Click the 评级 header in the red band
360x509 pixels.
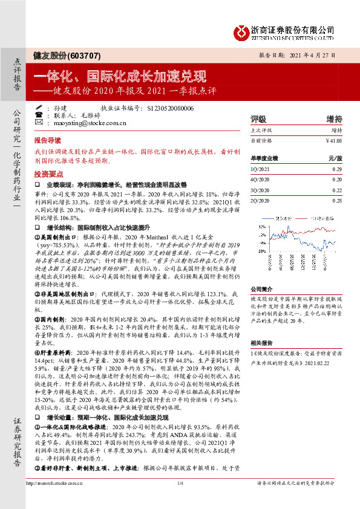[x=258, y=119]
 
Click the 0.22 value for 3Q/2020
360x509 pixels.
[x=336, y=190]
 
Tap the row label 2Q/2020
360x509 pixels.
[x=259, y=199]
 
